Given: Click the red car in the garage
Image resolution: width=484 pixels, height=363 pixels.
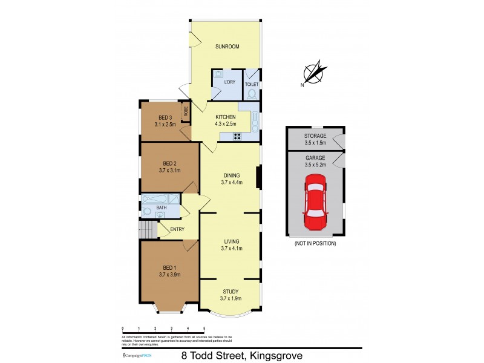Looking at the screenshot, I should click(x=315, y=202).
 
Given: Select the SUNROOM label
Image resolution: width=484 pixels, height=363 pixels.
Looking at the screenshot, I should click(x=227, y=46).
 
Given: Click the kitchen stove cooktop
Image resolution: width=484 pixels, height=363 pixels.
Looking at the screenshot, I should click(x=235, y=136).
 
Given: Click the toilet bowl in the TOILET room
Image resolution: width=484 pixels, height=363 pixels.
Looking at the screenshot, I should click(x=252, y=94).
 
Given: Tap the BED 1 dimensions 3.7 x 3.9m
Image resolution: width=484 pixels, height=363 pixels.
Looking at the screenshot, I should click(x=169, y=274).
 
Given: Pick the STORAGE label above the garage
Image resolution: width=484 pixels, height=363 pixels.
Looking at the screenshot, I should click(x=315, y=136).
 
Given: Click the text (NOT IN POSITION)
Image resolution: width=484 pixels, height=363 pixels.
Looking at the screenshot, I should click(x=315, y=243).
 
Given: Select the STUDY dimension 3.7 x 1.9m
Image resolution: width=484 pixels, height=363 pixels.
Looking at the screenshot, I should click(x=231, y=298).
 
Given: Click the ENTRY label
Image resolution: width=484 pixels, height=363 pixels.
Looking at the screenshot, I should click(x=177, y=229).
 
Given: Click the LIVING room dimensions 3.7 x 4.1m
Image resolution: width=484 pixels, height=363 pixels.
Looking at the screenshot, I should click(x=231, y=248).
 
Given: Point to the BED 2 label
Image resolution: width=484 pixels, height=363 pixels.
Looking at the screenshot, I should click(x=169, y=163).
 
